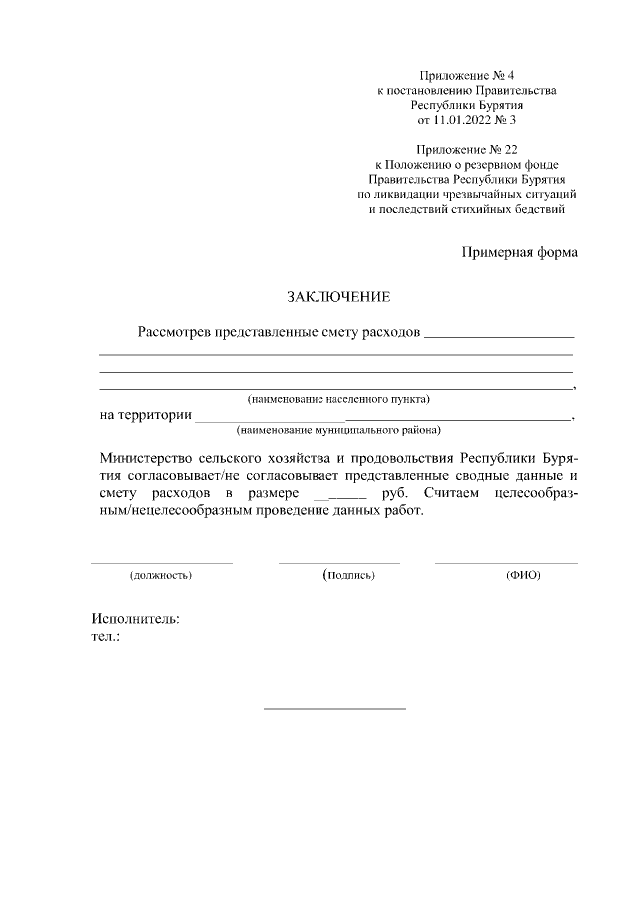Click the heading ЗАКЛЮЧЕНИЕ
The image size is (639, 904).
click(x=333, y=297)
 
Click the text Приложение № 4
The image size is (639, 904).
click(x=466, y=75)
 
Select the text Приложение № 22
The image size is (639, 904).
click(x=466, y=149)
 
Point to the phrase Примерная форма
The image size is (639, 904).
click(x=518, y=252)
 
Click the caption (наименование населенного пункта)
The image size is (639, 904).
click(x=338, y=400)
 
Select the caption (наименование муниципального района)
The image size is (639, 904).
click(x=338, y=431)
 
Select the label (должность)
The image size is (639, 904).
click(x=161, y=576)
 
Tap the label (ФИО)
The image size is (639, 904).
click(x=523, y=576)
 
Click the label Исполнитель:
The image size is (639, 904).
click(x=136, y=618)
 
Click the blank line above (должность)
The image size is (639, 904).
click(x=161, y=563)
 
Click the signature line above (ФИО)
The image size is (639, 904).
click(x=506, y=563)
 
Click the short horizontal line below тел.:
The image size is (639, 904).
click(x=333, y=709)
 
